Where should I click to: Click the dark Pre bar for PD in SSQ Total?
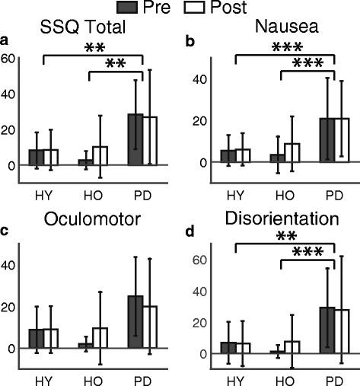(x=135, y=139)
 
